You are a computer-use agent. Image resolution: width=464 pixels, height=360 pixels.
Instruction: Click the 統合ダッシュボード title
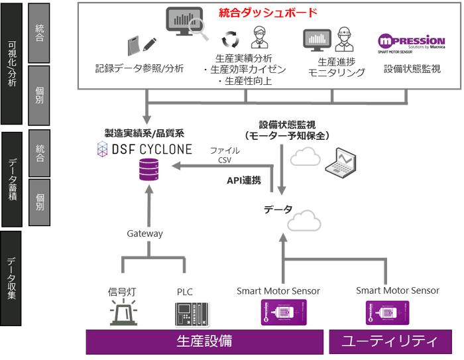268,13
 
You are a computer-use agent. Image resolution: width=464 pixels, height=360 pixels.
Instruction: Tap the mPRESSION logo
410,42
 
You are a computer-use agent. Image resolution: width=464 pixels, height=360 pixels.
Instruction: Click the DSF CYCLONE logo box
145,149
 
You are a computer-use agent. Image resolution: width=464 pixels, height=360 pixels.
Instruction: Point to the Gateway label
145,233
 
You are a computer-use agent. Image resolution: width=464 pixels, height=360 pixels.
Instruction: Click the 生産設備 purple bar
204,341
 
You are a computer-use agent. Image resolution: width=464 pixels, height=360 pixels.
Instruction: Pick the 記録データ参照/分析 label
140,68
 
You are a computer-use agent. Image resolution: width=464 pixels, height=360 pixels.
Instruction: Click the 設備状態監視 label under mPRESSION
412,68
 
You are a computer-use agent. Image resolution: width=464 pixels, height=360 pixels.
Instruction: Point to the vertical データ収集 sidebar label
13,278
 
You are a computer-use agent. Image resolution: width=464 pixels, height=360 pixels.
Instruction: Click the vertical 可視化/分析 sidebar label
13,63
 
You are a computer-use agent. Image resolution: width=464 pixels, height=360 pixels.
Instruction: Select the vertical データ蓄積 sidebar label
13,179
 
